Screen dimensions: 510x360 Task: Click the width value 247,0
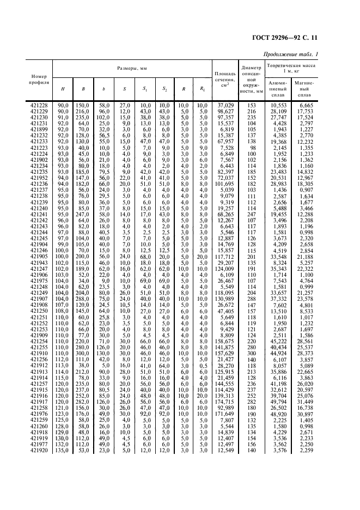83,215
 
